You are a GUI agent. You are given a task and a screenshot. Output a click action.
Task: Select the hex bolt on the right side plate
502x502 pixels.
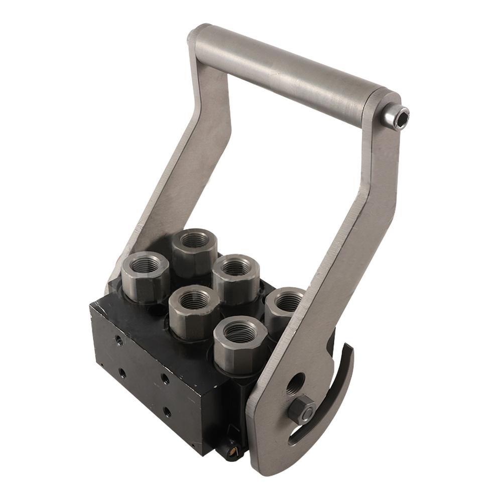[301, 409]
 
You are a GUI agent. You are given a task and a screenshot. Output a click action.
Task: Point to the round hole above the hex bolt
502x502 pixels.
[296, 384]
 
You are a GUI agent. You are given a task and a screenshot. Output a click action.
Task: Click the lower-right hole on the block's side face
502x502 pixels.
[167, 413]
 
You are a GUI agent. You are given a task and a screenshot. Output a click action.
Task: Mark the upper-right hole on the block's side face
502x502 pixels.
[165, 378]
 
